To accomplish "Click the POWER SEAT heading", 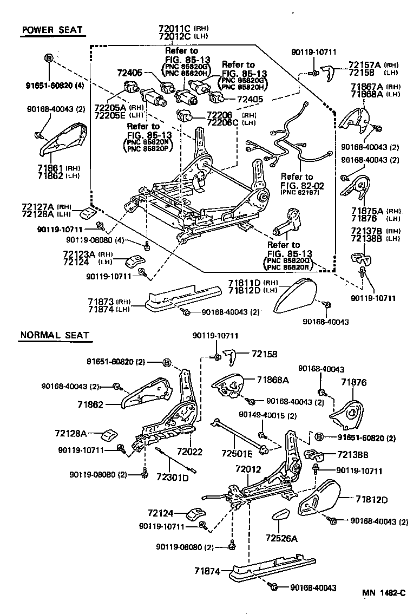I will click(x=52, y=30).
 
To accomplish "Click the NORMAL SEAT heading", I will click(x=54, y=336).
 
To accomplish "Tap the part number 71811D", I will click(x=244, y=283).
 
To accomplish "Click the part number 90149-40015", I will click(x=259, y=415).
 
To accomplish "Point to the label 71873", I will click(x=101, y=301).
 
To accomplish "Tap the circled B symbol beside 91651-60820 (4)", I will click(x=49, y=58).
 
